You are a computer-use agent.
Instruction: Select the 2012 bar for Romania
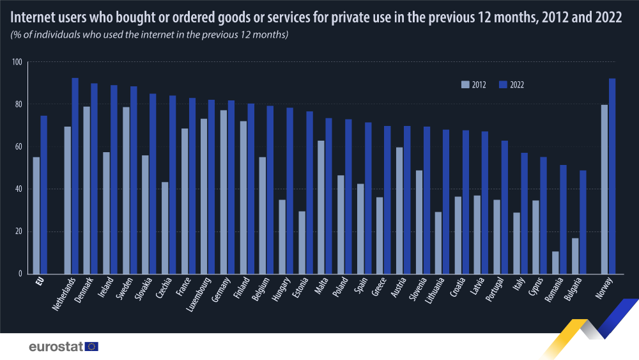click(555, 262)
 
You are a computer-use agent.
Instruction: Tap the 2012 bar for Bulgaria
click(575, 256)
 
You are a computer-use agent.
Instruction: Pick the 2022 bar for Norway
click(612, 176)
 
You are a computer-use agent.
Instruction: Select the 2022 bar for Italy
click(524, 213)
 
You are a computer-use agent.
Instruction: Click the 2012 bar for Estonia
click(302, 242)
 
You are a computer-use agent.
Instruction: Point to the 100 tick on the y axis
click(17, 62)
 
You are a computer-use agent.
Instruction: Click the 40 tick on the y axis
click(18, 189)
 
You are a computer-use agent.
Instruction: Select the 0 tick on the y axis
click(20, 274)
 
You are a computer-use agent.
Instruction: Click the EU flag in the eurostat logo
click(92, 347)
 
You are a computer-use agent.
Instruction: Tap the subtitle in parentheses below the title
click(150, 34)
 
